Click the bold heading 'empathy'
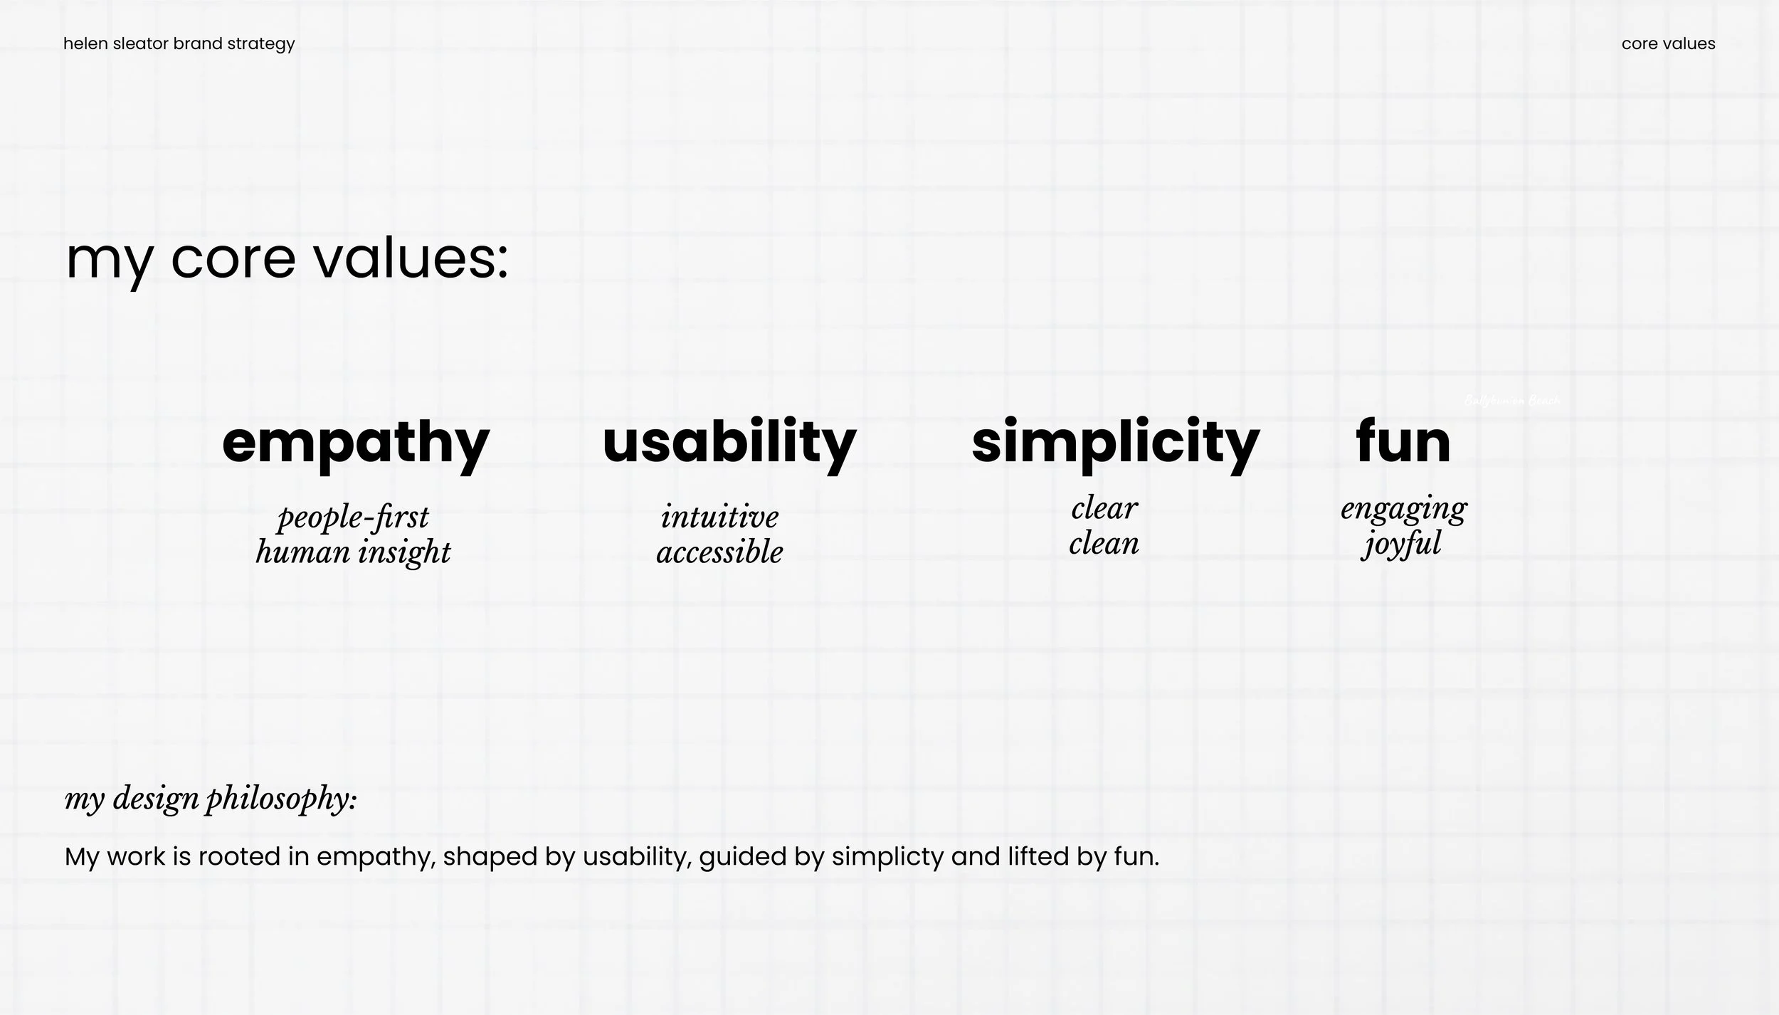tap(355, 443)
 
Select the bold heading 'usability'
tap(729, 443)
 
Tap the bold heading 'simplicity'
tap(1115, 443)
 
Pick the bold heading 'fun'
tap(1403, 443)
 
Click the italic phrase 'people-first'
tap(353, 517)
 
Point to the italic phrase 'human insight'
tap(353, 552)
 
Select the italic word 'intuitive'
tap(719, 517)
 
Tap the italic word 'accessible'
tap(719, 552)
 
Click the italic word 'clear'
tap(1104, 508)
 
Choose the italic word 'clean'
tap(1104, 544)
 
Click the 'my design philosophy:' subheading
tap(211, 799)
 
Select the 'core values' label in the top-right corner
tap(1668, 44)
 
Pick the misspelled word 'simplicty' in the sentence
tap(887, 857)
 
